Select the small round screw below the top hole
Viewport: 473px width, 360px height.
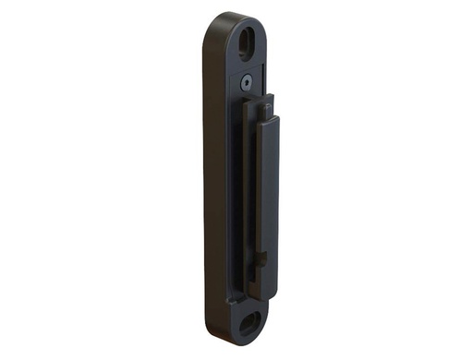click(x=247, y=82)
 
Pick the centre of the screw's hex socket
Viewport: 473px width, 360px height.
click(x=247, y=82)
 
